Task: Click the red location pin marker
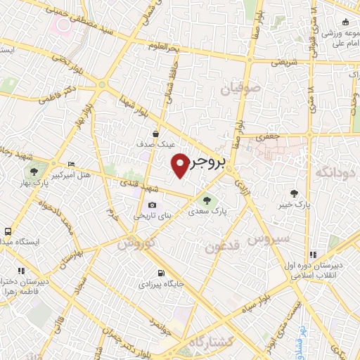[x=180, y=165]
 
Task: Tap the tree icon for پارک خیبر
[x=293, y=193]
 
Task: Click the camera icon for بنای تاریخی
[x=152, y=205]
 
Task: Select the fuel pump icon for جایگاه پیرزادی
[x=162, y=273]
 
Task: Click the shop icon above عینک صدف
[x=155, y=134]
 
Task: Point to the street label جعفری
[x=269, y=135]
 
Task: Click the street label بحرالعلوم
[x=165, y=46]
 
